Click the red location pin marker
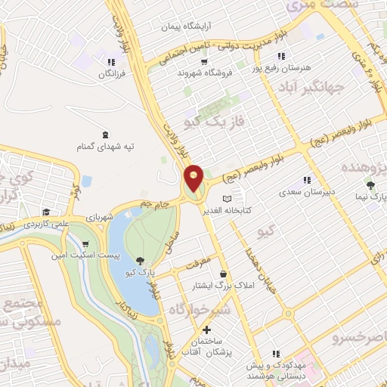(194, 178)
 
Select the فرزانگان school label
(110, 75)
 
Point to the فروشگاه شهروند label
(202, 73)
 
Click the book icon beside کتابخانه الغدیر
(228, 197)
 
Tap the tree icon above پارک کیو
(141, 261)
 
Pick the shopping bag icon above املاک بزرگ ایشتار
(222, 273)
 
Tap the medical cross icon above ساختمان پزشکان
(206, 330)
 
